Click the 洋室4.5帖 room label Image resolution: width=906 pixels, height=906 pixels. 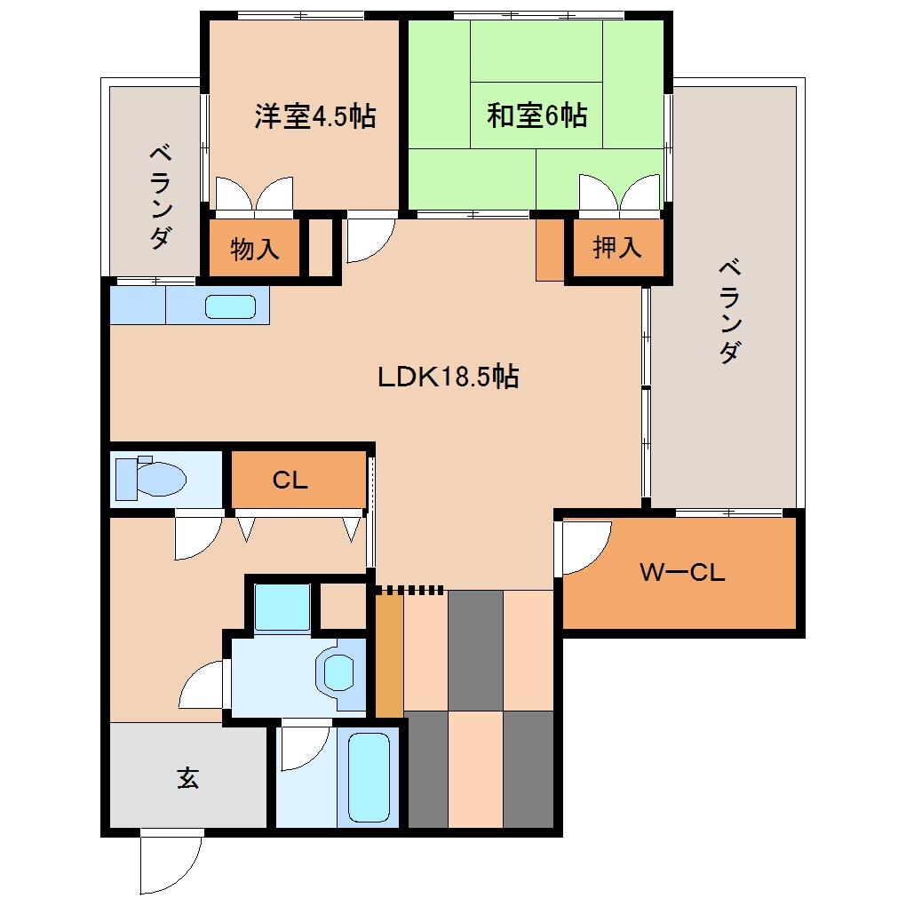[x=314, y=116]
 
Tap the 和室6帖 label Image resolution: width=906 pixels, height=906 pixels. [x=536, y=116]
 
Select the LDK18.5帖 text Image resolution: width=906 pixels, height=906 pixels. [x=448, y=377]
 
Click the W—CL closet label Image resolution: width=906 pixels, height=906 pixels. [x=682, y=573]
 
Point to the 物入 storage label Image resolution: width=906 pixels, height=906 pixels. [x=255, y=250]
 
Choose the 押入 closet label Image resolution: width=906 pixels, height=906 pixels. [x=616, y=249]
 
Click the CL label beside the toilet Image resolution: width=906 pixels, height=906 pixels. [x=290, y=481]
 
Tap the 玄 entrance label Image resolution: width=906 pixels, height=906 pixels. [x=187, y=778]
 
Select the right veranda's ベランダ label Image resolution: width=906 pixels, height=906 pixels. [x=728, y=311]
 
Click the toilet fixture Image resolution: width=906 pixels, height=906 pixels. [x=151, y=480]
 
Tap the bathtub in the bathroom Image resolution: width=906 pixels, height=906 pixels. [x=369, y=777]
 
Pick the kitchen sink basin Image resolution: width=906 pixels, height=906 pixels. [x=230, y=307]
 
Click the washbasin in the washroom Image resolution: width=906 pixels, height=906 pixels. [x=339, y=672]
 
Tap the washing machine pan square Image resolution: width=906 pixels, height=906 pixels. [x=282, y=606]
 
